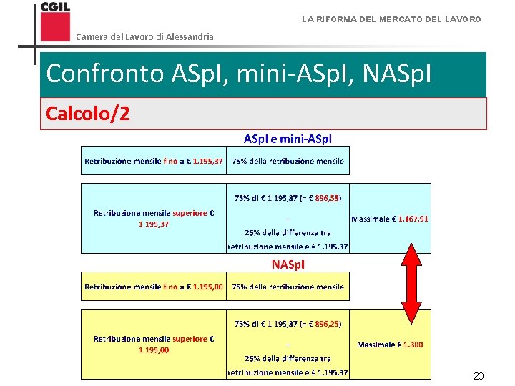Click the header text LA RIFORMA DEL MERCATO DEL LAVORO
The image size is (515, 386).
click(x=391, y=19)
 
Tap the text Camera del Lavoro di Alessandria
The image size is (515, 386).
click(x=144, y=36)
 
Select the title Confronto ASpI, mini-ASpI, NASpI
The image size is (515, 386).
click(x=238, y=74)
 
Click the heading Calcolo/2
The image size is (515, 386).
click(x=88, y=114)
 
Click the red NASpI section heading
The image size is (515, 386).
click(x=288, y=264)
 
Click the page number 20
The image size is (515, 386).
click(x=479, y=376)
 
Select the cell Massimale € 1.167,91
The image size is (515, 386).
click(x=390, y=219)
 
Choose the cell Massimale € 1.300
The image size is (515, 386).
click(x=390, y=345)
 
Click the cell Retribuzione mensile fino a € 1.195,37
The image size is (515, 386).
click(x=153, y=161)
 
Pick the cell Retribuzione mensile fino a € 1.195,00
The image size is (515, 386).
click(x=153, y=287)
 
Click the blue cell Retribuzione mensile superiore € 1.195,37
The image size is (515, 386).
click(x=153, y=218)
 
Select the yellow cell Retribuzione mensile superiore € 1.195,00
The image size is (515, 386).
click(x=153, y=344)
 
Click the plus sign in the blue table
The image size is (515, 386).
click(x=288, y=219)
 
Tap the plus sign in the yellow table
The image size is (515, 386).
click(x=288, y=345)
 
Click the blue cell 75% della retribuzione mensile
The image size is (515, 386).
click(x=288, y=161)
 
